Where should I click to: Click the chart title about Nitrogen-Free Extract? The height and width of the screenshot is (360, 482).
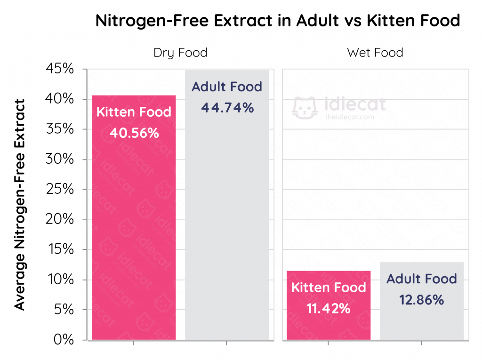pos(278,21)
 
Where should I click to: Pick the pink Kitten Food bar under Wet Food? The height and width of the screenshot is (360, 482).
pos(329,325)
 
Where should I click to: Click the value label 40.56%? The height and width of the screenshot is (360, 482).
pos(134,134)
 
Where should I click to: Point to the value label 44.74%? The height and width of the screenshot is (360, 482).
pos(227,108)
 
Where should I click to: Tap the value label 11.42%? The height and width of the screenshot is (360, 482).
pos(329,309)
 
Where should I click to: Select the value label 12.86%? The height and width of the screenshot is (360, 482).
pos(422,300)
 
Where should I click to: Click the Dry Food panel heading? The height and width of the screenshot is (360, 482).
pos(180,52)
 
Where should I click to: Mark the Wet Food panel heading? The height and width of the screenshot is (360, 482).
pos(375,52)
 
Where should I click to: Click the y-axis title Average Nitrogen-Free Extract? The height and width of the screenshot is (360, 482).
pos(19,205)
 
